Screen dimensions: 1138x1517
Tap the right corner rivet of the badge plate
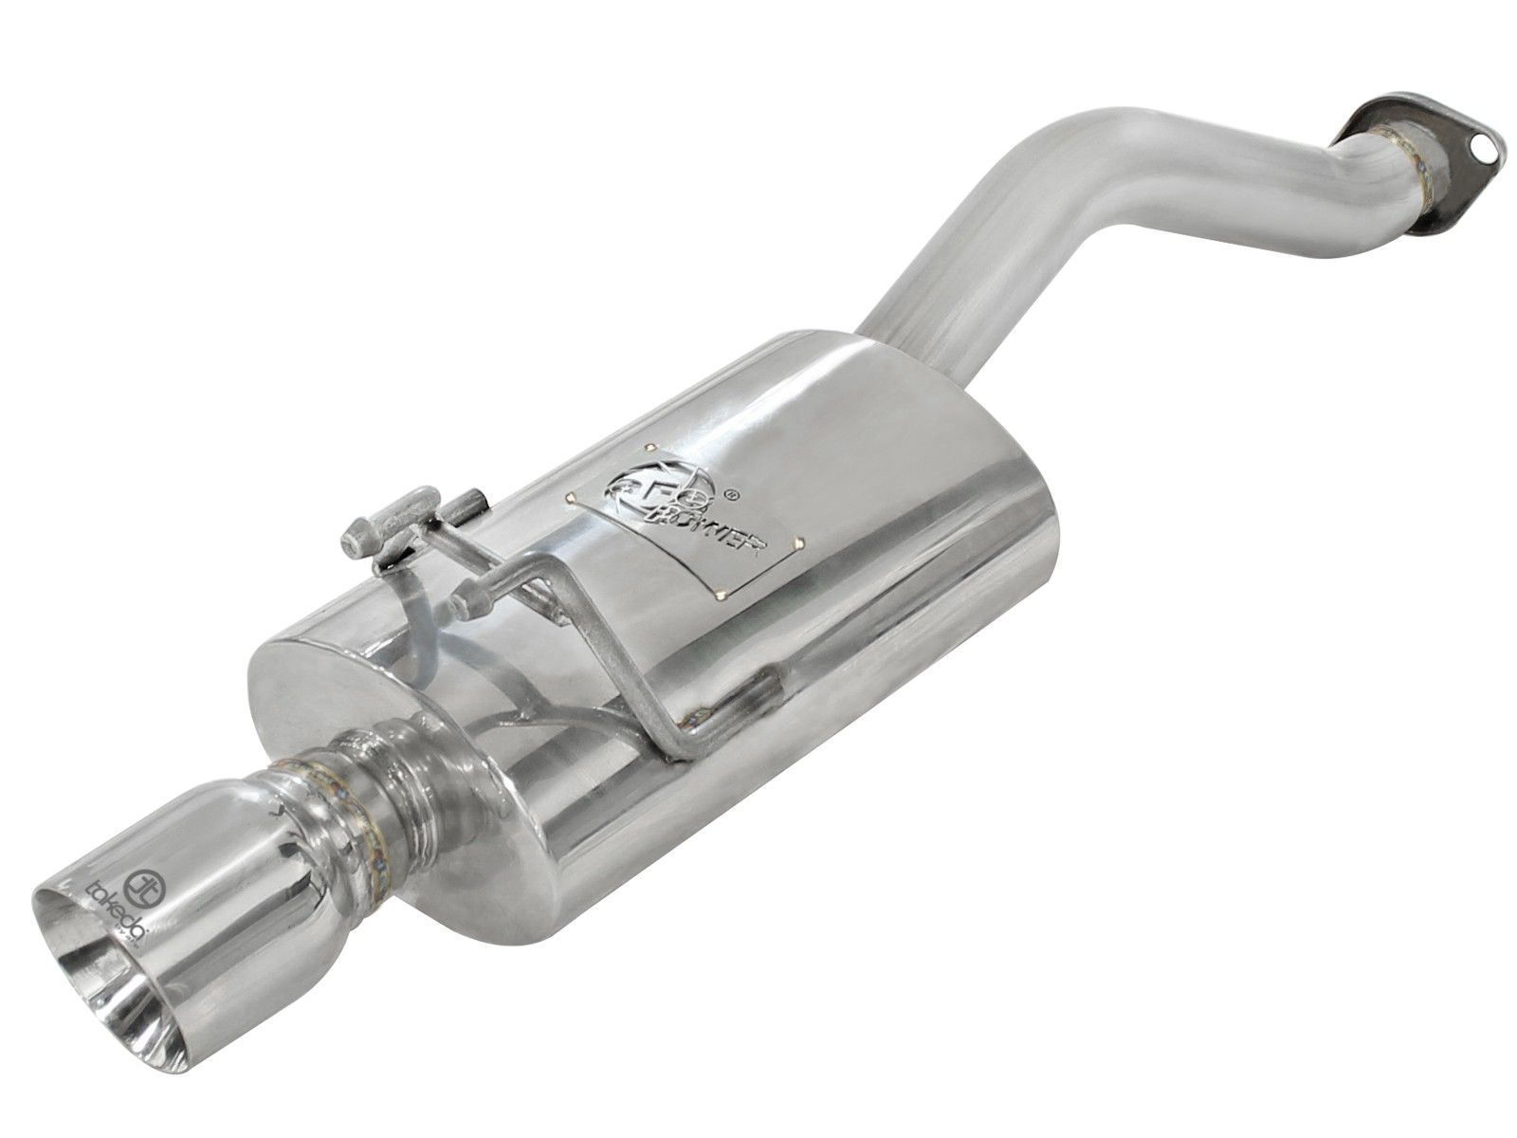coord(802,542)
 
